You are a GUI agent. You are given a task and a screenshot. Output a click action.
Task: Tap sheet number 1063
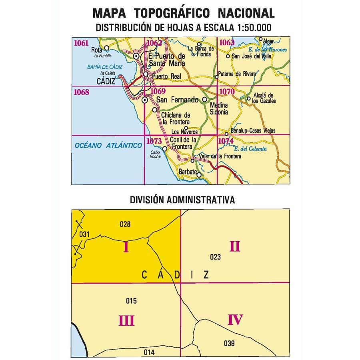226,43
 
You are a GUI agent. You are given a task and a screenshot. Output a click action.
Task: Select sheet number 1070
227,92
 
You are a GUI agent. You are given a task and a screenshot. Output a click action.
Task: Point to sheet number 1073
154,141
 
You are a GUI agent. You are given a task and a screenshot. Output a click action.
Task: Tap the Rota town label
96,50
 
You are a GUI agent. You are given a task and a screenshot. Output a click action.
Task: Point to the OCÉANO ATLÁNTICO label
108,146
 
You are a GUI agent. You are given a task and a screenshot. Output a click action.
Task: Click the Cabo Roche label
156,154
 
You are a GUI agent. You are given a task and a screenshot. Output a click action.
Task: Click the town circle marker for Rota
106,48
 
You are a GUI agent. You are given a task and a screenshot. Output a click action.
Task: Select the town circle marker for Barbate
199,174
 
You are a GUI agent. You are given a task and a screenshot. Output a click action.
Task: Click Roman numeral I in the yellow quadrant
126,248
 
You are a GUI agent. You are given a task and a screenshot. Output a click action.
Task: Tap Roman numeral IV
235,320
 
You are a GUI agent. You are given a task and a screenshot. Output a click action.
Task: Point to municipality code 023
215,257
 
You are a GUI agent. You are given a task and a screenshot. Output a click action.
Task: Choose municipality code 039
229,343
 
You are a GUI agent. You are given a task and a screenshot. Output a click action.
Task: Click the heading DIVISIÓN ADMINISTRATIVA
182,200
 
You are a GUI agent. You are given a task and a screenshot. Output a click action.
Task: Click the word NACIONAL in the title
246,13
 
